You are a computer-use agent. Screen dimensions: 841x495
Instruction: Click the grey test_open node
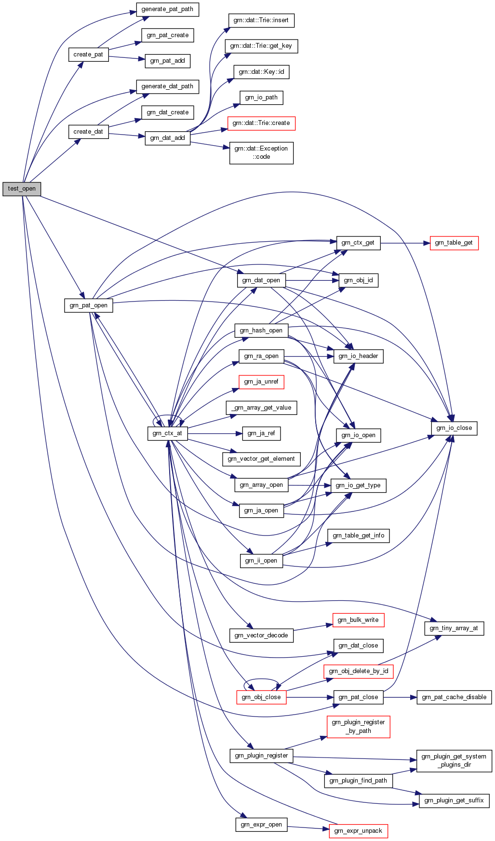22,189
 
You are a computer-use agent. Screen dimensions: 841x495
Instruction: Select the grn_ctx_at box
167,433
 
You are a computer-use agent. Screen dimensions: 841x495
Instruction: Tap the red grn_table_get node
454,243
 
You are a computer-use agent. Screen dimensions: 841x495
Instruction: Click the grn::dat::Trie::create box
261,123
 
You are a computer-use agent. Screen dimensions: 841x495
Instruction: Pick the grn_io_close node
454,428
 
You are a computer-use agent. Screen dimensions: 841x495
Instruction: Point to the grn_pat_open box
89,305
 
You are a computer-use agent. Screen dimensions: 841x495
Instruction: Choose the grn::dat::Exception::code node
261,152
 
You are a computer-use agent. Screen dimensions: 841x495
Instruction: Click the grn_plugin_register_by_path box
358,726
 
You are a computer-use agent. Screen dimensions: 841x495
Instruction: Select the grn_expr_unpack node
358,830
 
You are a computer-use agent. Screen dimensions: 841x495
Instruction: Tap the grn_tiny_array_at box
454,628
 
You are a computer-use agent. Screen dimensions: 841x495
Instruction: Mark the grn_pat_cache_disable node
454,697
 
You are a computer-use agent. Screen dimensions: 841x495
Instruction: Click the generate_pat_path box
167,9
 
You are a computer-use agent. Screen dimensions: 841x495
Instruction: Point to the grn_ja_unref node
261,382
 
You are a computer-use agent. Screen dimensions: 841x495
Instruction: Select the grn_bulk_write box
358,620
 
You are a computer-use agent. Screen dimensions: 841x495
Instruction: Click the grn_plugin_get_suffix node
454,800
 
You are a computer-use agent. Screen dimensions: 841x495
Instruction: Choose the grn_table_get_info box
359,536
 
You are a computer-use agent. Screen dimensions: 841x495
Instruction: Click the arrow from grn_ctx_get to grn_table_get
405,243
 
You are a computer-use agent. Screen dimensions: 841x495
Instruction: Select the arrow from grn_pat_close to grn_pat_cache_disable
400,697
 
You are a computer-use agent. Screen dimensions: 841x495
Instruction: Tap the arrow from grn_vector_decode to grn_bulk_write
313,627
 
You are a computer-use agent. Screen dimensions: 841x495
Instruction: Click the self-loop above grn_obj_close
262,683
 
